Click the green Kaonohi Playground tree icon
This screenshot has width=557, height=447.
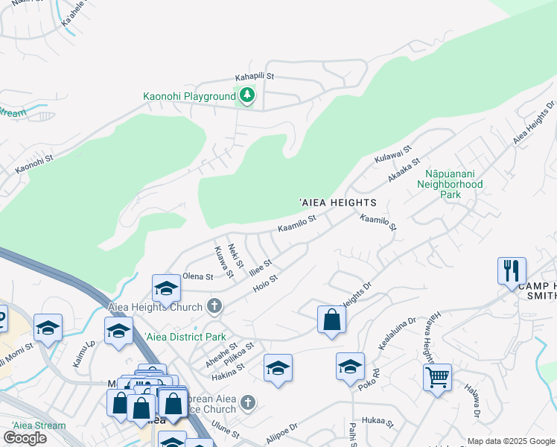coord(246,95)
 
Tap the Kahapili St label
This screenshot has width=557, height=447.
coord(255,77)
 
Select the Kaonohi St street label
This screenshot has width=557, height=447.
coord(35,164)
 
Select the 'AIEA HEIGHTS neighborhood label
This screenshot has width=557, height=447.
coord(337,203)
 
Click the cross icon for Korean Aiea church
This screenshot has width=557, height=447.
coord(248,403)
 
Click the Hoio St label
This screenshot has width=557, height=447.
coord(265,282)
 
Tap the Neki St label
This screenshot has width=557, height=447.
coord(236,256)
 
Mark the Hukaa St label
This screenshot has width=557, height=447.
coord(379,421)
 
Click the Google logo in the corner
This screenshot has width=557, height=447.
coord(25,438)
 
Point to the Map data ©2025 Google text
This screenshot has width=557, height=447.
coord(511,441)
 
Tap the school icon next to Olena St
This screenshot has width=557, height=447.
coord(166,288)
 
